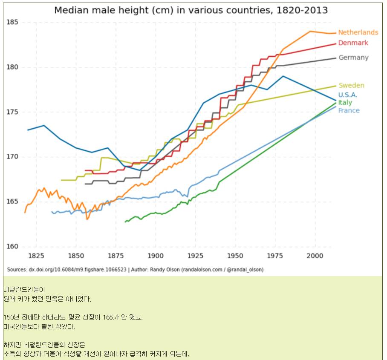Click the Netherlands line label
358,32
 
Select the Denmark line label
353,43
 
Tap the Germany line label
353,58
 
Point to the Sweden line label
351,86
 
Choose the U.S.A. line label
348,95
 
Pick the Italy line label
345,103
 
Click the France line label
349,111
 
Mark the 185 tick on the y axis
13,22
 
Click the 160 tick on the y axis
13,247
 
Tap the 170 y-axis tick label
13,157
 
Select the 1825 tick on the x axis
36,256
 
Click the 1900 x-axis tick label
156,256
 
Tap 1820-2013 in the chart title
302,10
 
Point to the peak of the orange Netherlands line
310,31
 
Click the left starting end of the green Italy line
125,222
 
